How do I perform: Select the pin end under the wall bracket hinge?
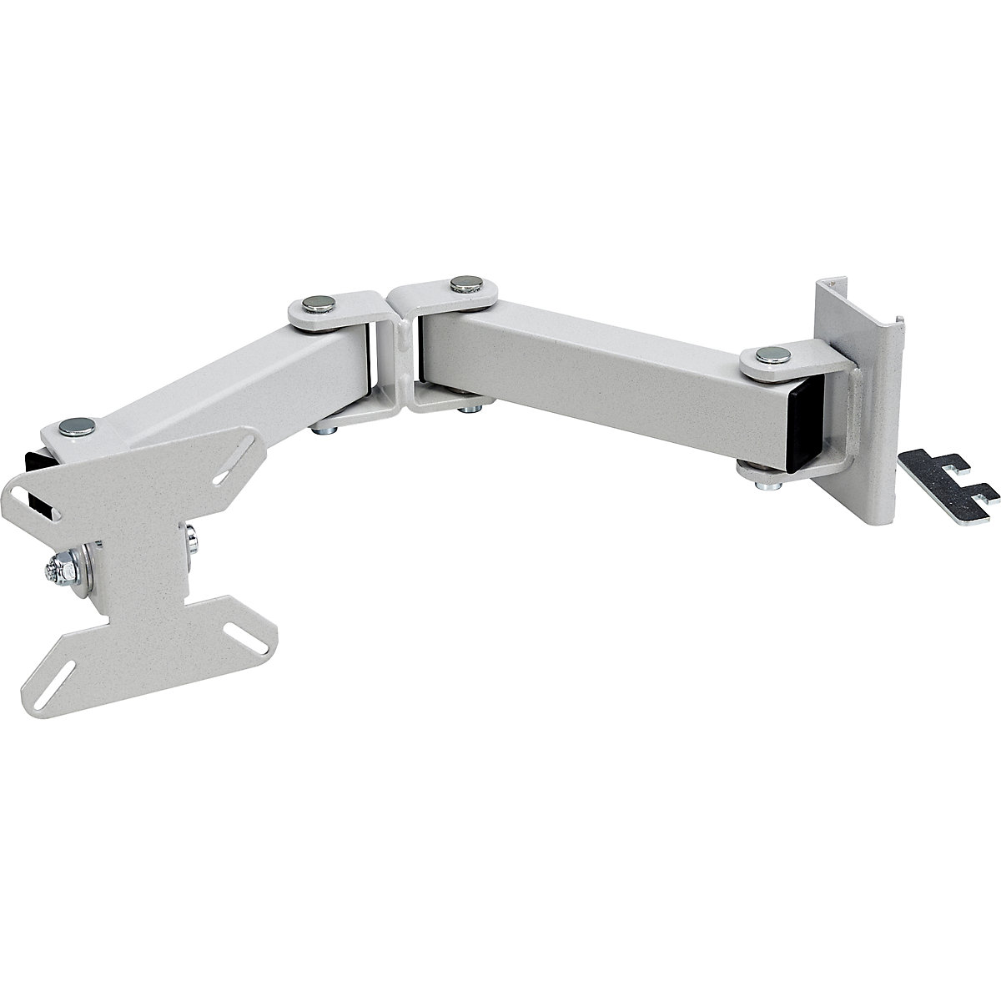750,472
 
